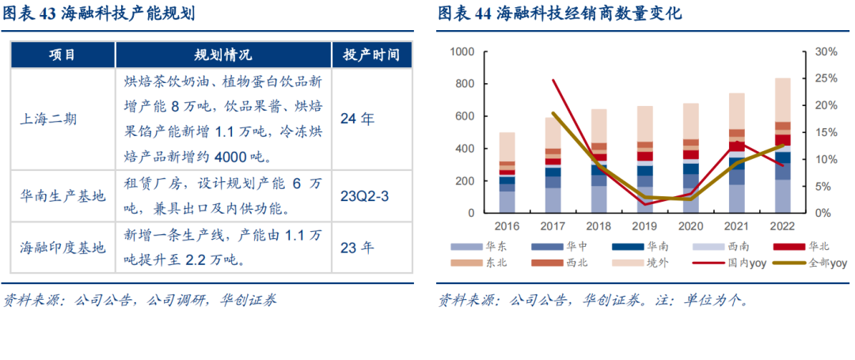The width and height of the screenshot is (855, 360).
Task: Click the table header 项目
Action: point(63,55)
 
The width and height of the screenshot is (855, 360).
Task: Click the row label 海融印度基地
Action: point(62,247)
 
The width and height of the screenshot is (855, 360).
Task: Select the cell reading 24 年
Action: point(357,119)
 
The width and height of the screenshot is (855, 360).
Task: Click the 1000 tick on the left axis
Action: point(462,51)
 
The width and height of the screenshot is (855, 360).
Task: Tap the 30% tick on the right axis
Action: point(826,51)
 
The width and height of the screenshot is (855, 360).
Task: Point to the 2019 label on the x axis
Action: point(644,226)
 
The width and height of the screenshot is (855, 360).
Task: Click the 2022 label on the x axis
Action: point(782,226)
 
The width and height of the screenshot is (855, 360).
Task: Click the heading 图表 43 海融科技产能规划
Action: point(100,14)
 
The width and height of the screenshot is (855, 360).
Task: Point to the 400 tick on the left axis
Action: point(465,149)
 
